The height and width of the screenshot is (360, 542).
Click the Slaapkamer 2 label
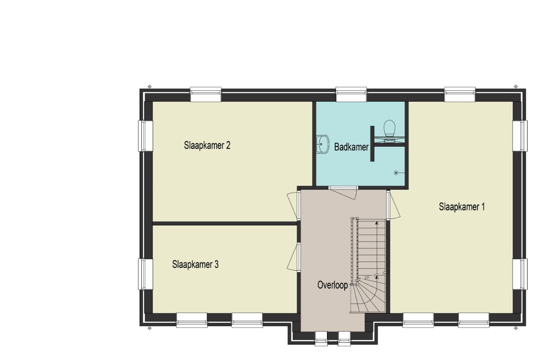click(207, 145)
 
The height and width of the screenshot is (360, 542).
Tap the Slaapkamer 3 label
click(195, 264)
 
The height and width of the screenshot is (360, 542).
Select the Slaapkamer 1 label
click(462, 207)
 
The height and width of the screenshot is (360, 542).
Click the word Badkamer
click(351, 147)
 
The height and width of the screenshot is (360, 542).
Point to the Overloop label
click(332, 285)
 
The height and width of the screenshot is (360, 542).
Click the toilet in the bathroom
click(389, 129)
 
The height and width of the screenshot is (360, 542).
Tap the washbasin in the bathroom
click(323, 144)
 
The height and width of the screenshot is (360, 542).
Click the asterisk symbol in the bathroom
click(396, 173)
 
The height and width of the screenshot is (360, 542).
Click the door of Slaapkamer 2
click(292, 206)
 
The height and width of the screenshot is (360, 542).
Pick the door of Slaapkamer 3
click(292, 257)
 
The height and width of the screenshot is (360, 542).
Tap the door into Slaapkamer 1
click(394, 206)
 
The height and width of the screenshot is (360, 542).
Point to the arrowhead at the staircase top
click(377, 223)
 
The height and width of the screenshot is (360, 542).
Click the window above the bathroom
click(351, 94)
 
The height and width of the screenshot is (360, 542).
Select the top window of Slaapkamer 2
click(206, 94)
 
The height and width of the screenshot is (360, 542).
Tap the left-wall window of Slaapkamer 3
click(145, 274)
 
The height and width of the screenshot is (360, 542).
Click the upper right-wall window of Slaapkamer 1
click(520, 136)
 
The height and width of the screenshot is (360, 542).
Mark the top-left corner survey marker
click(150, 86)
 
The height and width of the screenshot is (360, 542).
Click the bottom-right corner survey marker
click(516, 328)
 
